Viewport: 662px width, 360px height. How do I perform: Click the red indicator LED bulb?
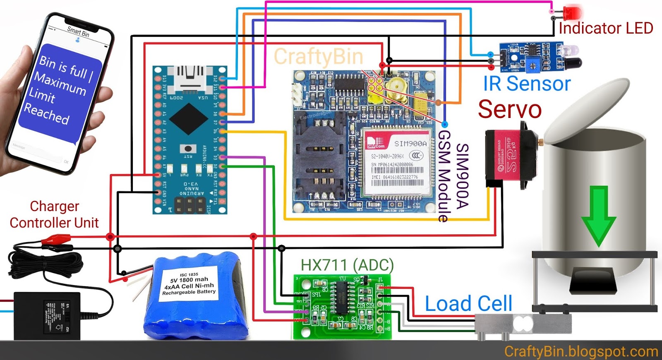573,13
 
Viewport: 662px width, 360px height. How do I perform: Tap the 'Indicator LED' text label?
606,28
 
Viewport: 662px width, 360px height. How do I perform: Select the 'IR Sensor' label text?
527,84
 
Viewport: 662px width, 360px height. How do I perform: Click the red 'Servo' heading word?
510,109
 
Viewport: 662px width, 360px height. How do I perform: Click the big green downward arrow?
598,215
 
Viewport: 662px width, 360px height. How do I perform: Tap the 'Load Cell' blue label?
468,304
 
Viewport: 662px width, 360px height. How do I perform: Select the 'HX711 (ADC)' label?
347,265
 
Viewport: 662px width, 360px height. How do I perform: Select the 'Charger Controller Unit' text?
54,214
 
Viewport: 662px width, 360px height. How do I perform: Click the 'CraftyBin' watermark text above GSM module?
318,57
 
